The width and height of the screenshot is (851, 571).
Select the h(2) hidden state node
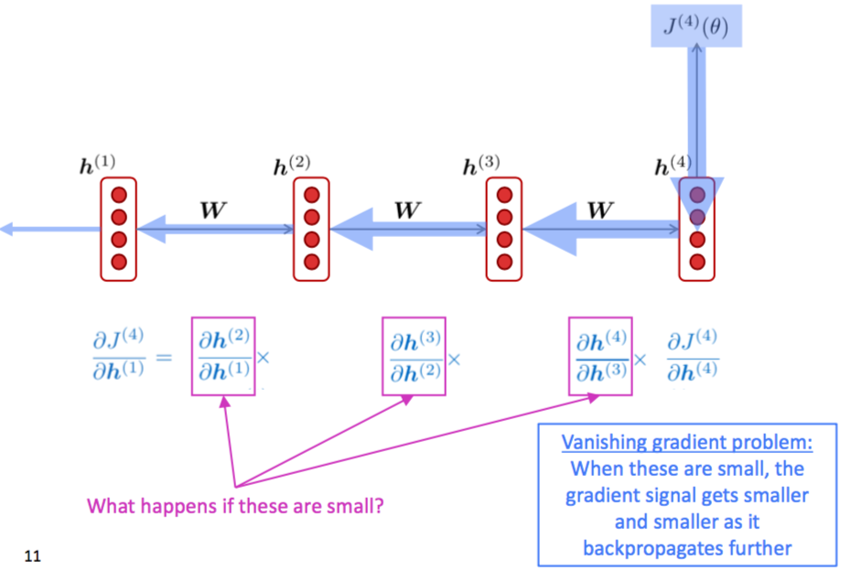311,229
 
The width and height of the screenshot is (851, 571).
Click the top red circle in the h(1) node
118,195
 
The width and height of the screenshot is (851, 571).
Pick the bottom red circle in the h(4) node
697,262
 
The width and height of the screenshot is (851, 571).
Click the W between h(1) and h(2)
213,210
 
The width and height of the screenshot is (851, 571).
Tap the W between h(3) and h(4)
599,210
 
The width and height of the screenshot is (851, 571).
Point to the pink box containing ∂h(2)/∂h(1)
223,356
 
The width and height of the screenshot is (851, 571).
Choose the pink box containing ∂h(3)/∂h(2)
413,356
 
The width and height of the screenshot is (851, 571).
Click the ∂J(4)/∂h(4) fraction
693,357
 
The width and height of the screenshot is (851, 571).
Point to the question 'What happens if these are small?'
235,504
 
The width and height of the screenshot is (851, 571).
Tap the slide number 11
33,555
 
